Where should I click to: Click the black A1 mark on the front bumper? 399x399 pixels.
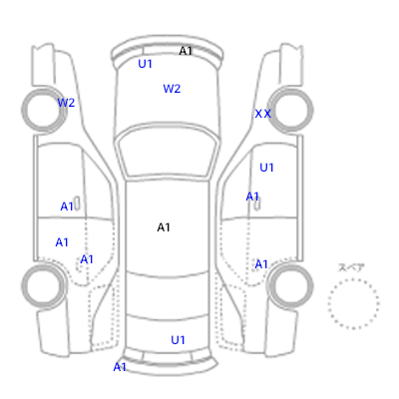186,51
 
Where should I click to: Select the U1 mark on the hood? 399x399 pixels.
145,64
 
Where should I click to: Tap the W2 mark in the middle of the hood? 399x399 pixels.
172,89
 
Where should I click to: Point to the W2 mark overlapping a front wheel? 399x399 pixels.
66,103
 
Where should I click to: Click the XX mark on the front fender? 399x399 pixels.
262,114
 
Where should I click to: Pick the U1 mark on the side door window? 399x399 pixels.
266,168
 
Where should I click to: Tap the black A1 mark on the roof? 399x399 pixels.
164,227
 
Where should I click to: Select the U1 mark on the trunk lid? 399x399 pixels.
178,340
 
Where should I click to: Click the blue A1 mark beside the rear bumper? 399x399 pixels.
120,367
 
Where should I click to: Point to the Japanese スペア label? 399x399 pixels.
351,267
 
